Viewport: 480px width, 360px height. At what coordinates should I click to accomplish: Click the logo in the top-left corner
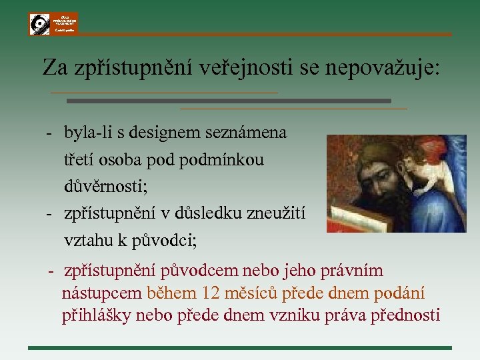[x=53, y=23]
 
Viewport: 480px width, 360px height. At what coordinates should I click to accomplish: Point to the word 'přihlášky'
[x=96, y=315]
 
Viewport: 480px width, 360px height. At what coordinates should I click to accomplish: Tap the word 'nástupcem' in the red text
[x=101, y=293]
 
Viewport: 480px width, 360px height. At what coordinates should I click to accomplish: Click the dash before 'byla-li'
[x=50, y=133]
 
